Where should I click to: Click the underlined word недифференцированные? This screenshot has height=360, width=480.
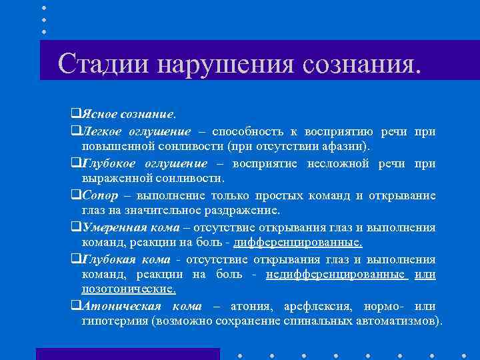point(335,275)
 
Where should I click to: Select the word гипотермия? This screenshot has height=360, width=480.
point(115,323)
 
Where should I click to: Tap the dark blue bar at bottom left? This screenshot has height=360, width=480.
point(127,353)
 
